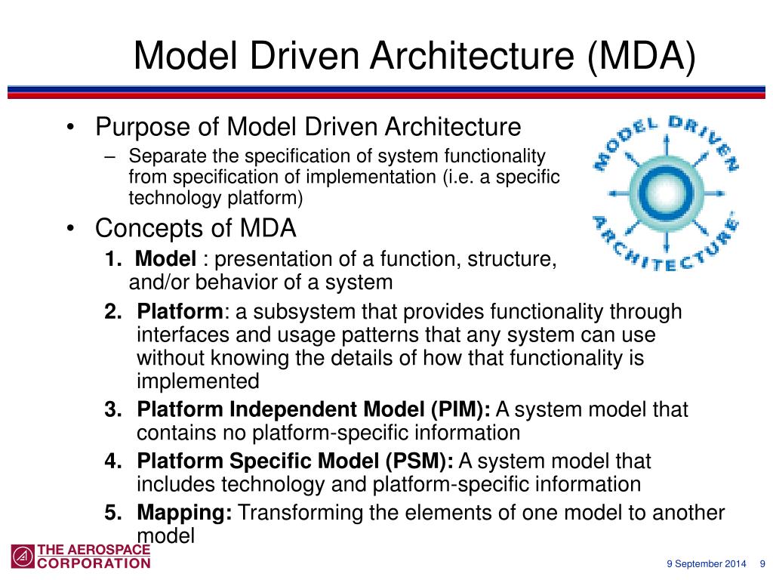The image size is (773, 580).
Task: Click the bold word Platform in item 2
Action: tap(180, 312)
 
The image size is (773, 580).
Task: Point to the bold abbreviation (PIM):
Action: tap(460, 410)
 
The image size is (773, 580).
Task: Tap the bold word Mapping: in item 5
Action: tap(184, 514)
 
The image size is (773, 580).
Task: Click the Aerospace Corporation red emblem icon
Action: tap(23, 556)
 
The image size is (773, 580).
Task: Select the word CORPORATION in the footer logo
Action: tap(94, 563)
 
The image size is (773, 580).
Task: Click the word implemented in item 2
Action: tap(198, 381)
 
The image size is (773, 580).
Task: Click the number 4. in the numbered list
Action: tap(114, 461)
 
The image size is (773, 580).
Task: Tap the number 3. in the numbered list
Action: tap(114, 410)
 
